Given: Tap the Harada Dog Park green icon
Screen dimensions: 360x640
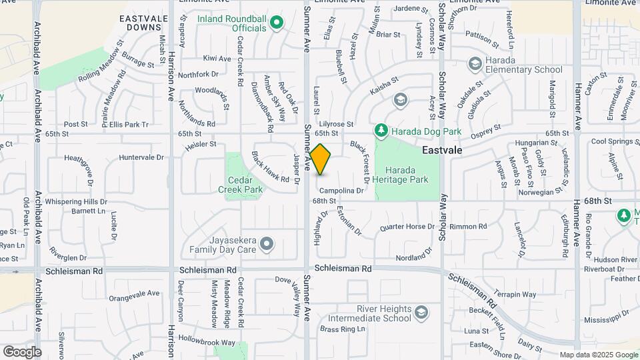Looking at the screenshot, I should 381,130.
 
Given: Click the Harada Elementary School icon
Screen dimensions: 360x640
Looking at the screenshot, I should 475,64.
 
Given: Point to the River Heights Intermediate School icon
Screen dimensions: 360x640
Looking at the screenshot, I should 421,312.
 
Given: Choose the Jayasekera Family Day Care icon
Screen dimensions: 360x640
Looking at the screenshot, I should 267,244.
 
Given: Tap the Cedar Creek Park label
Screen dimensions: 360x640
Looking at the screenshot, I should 241,185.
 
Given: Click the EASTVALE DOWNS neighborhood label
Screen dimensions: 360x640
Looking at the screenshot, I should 141,23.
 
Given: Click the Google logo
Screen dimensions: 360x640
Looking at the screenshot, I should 22,351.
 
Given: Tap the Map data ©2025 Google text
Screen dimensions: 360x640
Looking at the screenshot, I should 598,355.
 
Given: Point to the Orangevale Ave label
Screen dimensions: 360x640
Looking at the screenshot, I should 135,293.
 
